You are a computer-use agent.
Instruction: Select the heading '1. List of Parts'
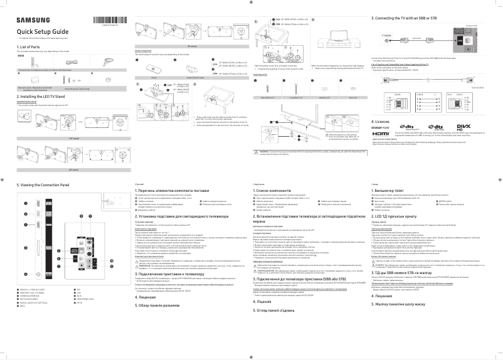click(30, 47)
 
